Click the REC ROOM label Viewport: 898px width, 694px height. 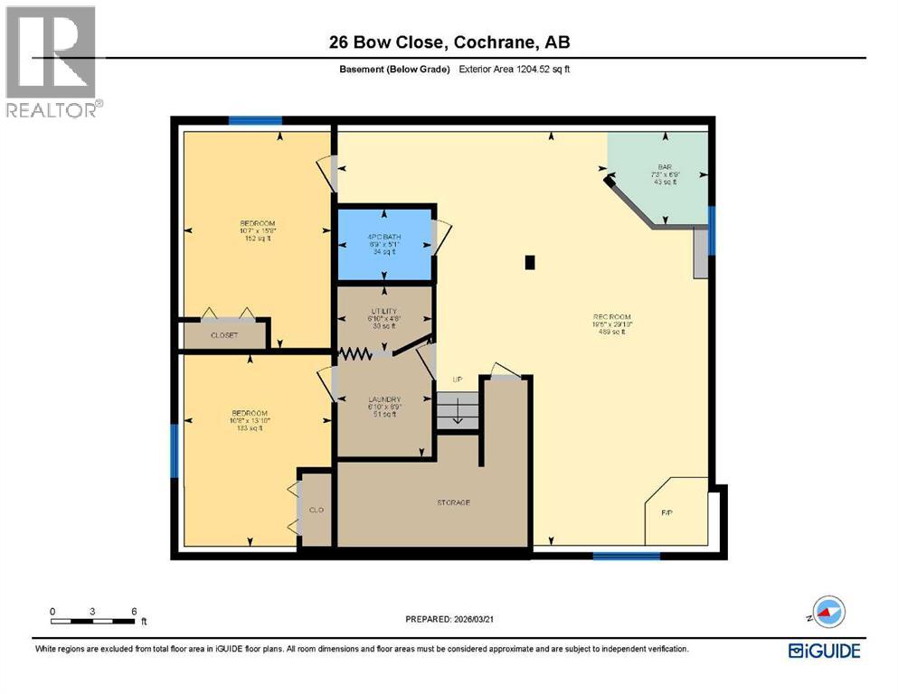pyautogui.click(x=611, y=317)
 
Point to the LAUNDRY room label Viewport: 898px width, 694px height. pyautogui.click(x=384, y=399)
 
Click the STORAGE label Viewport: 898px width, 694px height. pyautogui.click(x=452, y=502)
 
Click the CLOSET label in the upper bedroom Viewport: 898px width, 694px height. pyautogui.click(x=223, y=334)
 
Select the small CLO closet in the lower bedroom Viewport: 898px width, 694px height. pyautogui.click(x=317, y=510)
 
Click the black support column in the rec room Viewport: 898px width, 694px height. pyautogui.click(x=531, y=263)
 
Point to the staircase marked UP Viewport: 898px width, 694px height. pyautogui.click(x=457, y=409)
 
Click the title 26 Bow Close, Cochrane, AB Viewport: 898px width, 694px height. pyautogui.click(x=449, y=42)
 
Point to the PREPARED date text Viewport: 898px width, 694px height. pyautogui.click(x=449, y=620)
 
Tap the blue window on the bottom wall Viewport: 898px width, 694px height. pyautogui.click(x=626, y=555)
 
